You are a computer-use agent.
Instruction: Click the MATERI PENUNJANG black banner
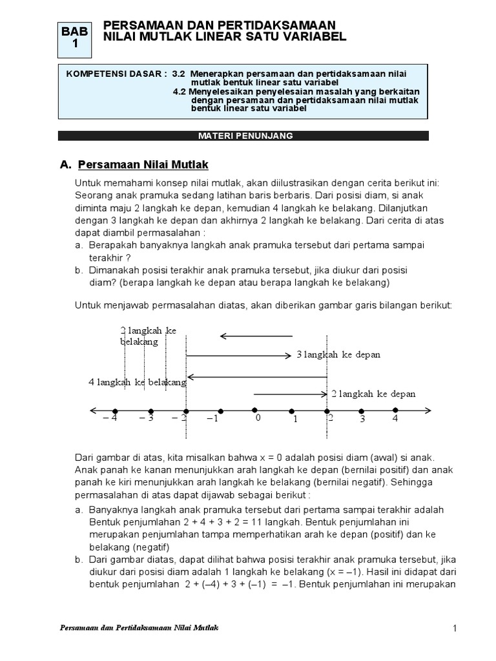click(243, 136)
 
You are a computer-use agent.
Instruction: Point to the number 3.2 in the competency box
click(179, 74)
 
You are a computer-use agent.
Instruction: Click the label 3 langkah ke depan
click(338, 354)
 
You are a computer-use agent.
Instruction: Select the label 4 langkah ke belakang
click(137, 382)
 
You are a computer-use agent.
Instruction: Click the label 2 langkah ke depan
click(373, 394)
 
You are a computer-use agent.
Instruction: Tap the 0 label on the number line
click(257, 418)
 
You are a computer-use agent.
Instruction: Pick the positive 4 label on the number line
click(395, 419)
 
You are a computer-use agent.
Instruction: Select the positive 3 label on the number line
click(362, 420)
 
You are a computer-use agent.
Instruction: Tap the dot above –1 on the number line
click(221, 411)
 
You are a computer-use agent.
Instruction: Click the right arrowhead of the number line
click(428, 411)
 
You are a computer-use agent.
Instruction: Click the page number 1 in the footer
click(455, 629)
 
